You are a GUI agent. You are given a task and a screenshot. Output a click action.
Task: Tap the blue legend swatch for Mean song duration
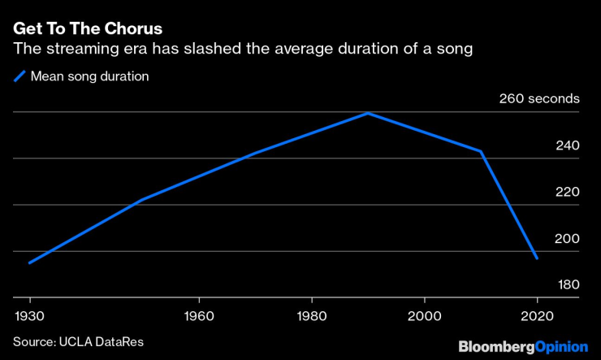19,77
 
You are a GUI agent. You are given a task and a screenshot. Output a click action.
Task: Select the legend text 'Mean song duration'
89,77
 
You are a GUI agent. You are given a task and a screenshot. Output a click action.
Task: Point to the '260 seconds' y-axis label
538,99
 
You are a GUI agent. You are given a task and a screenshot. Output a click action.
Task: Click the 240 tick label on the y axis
567,146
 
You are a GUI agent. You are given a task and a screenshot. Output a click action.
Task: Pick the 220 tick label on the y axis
567,193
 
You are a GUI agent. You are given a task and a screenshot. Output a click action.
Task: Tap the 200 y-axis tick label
567,239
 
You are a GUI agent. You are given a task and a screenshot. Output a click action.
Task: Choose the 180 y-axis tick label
567,285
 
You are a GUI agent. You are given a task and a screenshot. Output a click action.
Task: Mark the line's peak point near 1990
368,113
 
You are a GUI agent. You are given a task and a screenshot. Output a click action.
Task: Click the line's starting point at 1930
29,262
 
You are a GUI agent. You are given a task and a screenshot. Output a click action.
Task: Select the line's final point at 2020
537,258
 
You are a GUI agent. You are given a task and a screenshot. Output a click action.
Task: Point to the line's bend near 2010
481,151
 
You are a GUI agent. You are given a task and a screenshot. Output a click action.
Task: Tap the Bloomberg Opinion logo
523,346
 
